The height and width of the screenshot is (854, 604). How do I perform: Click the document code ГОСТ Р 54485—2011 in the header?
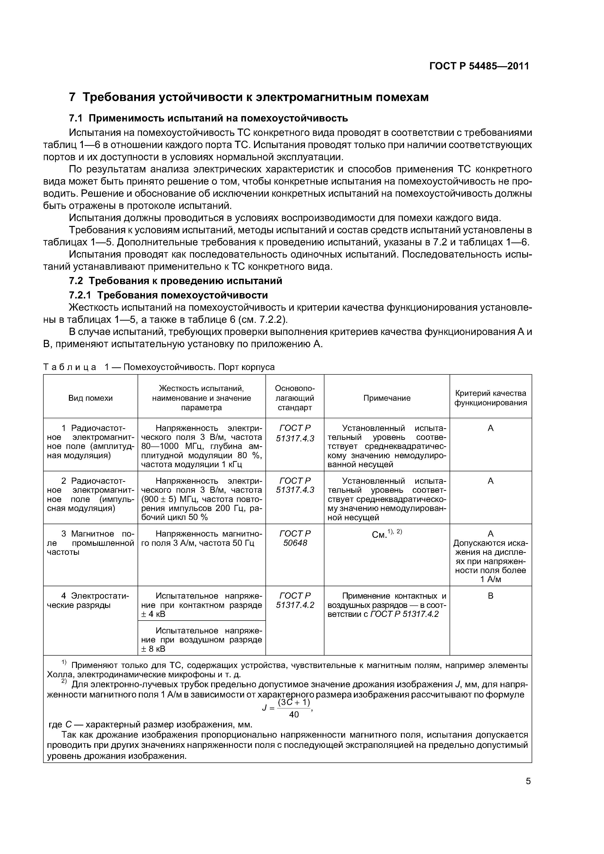coord(479,66)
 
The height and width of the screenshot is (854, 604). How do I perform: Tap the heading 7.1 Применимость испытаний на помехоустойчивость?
coord(208,118)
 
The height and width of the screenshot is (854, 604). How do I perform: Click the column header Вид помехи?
coord(90,398)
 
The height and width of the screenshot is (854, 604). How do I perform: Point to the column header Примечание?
coord(387,398)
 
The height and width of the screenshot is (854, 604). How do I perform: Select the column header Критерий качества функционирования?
coord(491,398)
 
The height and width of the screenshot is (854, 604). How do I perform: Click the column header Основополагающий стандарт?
coord(295,398)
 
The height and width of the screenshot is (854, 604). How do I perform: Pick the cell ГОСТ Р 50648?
coord(295,538)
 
